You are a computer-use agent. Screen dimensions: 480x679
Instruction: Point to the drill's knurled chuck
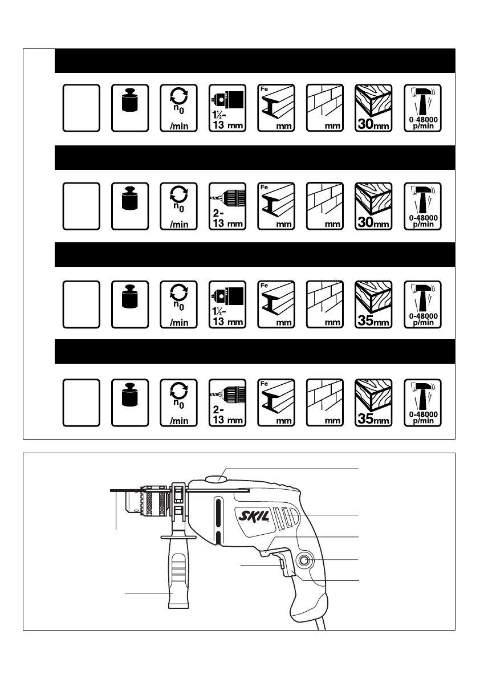[x=155, y=502]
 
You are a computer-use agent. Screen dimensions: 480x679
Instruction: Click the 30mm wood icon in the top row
[x=374, y=108]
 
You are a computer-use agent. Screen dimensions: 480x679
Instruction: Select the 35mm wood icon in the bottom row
[x=374, y=401]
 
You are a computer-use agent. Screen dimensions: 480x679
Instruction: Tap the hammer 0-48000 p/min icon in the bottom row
[x=422, y=401]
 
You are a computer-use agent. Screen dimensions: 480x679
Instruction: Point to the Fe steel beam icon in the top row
[x=276, y=108]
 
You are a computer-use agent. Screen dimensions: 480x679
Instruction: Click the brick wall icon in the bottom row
[x=325, y=401]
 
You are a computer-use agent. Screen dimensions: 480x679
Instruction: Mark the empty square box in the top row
[x=82, y=108]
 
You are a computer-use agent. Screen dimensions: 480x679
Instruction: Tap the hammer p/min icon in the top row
[x=422, y=108]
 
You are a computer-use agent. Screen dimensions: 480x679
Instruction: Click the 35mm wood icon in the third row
[x=374, y=304]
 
